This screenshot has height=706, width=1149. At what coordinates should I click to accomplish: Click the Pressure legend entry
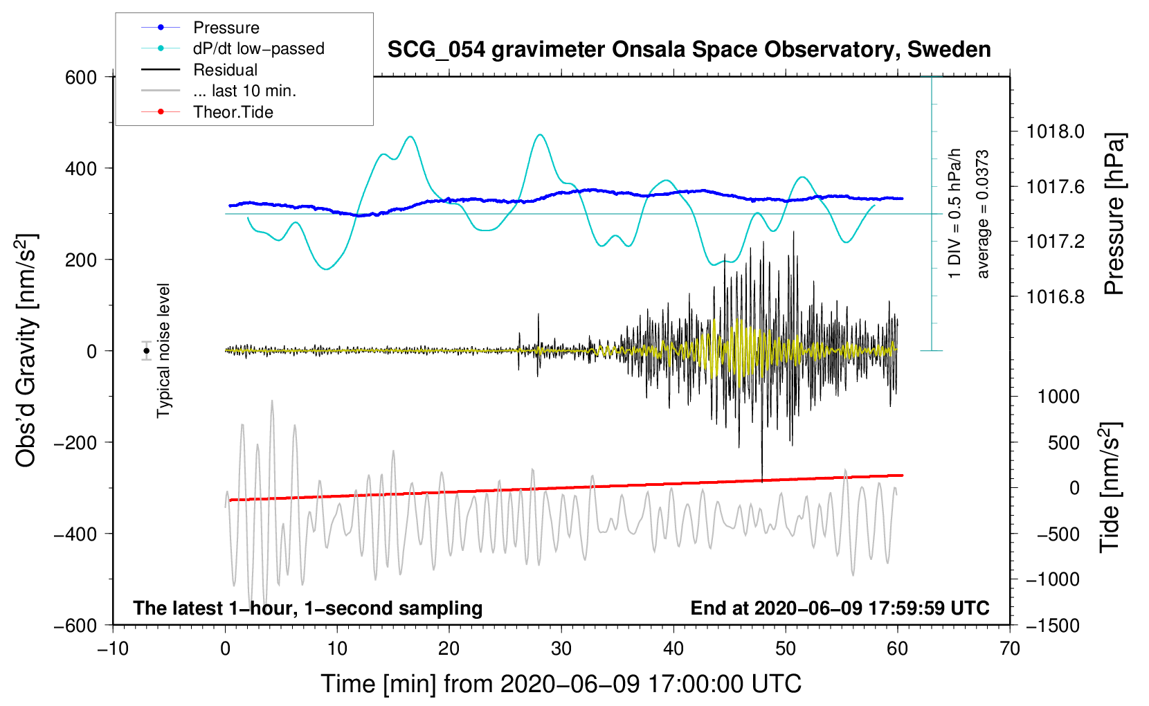pyautogui.click(x=226, y=28)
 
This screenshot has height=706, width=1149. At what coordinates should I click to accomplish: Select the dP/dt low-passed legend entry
pyautogui.click(x=258, y=48)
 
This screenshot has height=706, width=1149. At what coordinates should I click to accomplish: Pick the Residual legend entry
pyautogui.click(x=225, y=70)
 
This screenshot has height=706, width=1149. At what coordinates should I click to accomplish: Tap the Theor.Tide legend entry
pyautogui.click(x=233, y=112)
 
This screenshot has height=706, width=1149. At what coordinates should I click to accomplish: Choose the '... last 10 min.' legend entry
pyautogui.click(x=244, y=91)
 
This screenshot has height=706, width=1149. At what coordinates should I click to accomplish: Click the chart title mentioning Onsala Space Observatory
pyautogui.click(x=689, y=50)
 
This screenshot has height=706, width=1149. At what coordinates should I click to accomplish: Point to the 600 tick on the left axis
pyautogui.click(x=81, y=78)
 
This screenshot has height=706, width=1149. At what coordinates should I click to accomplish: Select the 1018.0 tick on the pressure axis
pyautogui.click(x=1055, y=132)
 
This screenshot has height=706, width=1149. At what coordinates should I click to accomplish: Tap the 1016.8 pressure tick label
pyautogui.click(x=1055, y=297)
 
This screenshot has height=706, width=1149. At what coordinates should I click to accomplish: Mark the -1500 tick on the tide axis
pyautogui.click(x=1052, y=625)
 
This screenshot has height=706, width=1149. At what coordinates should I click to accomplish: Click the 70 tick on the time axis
pyautogui.click(x=1010, y=649)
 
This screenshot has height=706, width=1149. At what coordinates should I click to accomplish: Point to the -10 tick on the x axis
pyautogui.click(x=113, y=649)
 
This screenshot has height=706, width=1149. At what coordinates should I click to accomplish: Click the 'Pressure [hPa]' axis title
pyautogui.click(x=1114, y=215)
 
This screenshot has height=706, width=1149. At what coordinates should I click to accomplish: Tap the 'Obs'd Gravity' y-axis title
pyautogui.click(x=26, y=351)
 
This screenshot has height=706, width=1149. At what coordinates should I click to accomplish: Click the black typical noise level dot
pyautogui.click(x=147, y=351)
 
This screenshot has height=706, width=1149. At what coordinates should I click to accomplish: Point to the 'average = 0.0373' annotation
pyautogui.click(x=983, y=215)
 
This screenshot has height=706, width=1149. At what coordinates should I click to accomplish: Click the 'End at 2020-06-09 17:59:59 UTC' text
pyautogui.click(x=840, y=608)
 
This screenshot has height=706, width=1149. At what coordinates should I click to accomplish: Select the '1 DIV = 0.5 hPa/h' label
pyautogui.click(x=955, y=213)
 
